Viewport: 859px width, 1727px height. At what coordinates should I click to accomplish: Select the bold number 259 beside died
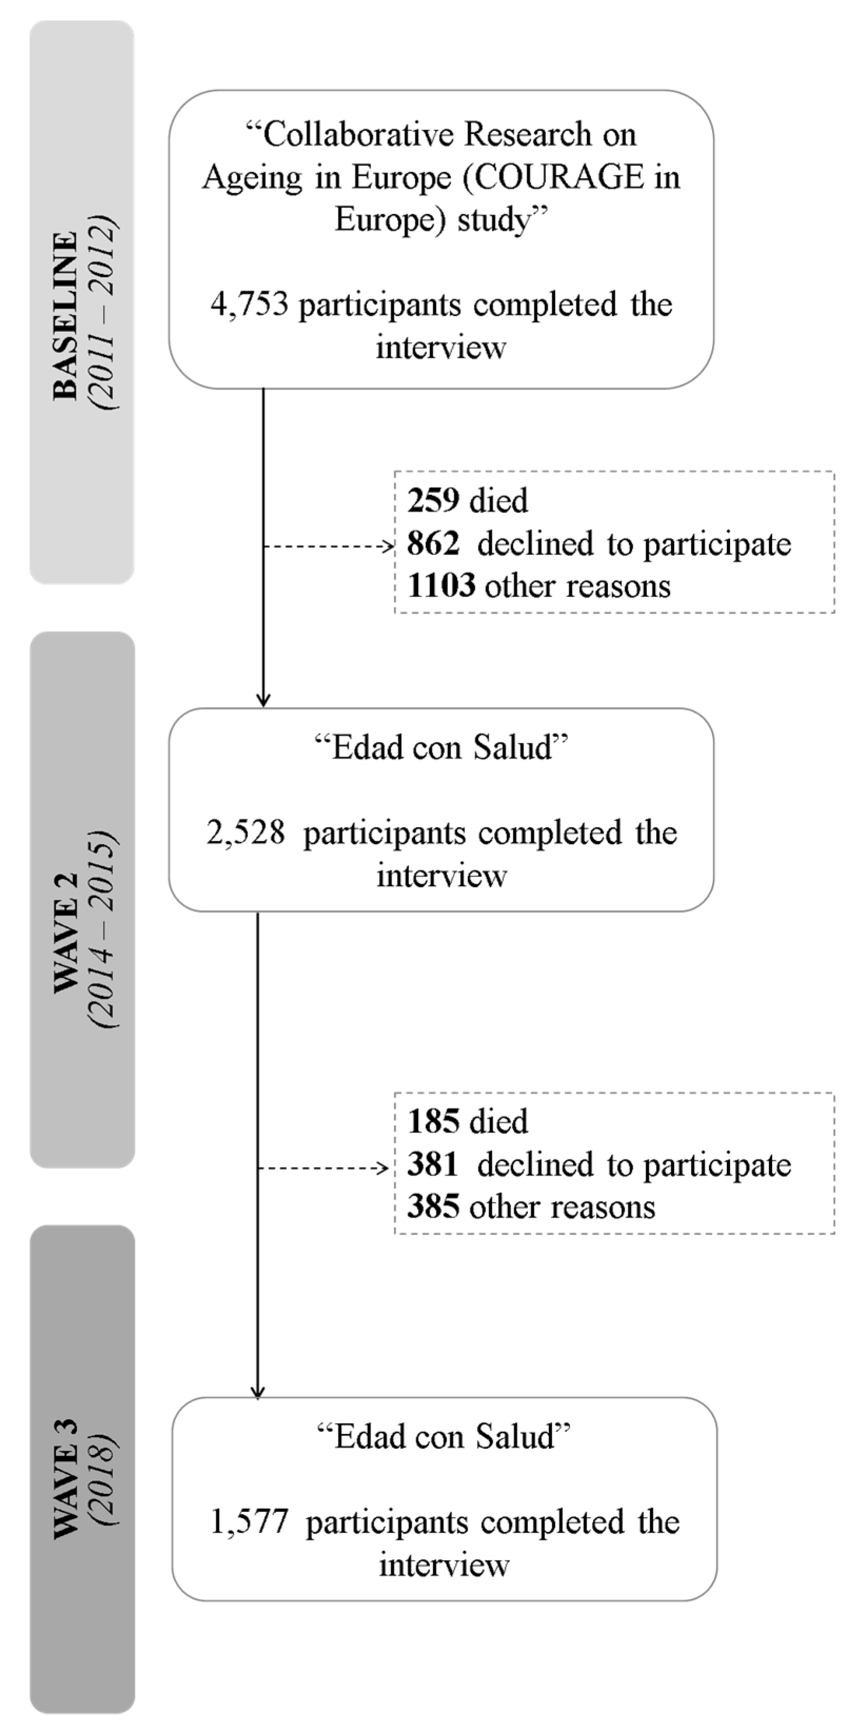433,500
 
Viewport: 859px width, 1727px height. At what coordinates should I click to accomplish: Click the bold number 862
433,543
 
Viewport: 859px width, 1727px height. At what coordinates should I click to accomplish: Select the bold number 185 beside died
433,1122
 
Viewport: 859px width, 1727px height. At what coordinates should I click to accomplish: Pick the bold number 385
433,1208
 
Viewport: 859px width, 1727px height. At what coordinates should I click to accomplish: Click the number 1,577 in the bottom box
249,1522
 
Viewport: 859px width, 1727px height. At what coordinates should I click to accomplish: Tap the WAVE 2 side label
66,932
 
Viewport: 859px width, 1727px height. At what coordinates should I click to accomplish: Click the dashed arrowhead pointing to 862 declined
387,546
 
